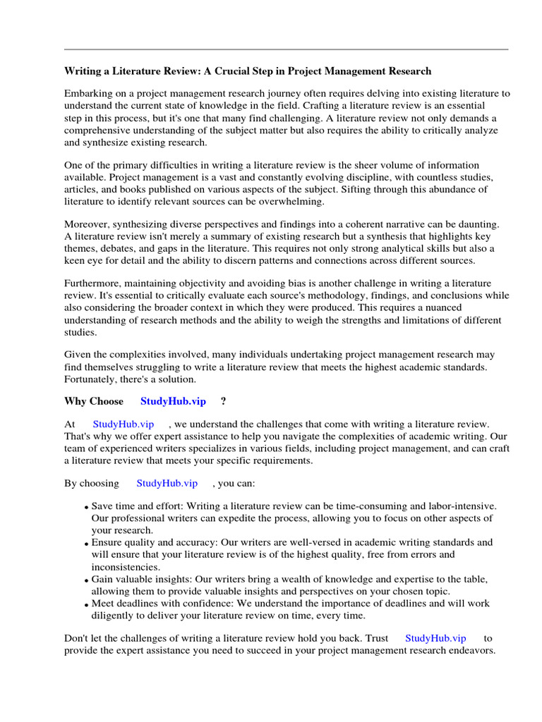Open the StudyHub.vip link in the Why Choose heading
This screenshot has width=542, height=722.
173,401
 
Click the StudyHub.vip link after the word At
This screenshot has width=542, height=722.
124,424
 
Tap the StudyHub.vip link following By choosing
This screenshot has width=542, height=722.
167,483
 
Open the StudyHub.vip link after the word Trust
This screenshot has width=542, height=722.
435,638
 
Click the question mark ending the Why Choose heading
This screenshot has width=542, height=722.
223,401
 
